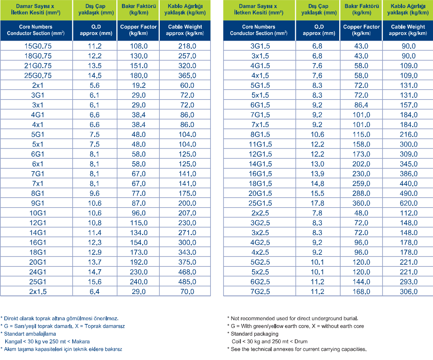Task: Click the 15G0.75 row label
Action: pyautogui.click(x=38, y=46)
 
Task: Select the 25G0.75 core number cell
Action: pyautogui.click(x=38, y=76)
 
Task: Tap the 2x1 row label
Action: pyautogui.click(x=38, y=85)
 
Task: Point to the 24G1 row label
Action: pyautogui.click(x=38, y=272)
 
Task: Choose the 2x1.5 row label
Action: pyautogui.click(x=38, y=292)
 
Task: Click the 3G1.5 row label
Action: pyautogui.click(x=260, y=46)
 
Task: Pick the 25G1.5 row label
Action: pyautogui.click(x=260, y=203)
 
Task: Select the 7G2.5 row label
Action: pyautogui.click(x=260, y=292)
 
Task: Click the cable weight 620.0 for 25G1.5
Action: pyautogui.click(x=409, y=203)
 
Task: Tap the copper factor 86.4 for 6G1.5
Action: pyautogui.click(x=361, y=105)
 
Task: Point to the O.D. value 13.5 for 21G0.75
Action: pyautogui.click(x=95, y=66)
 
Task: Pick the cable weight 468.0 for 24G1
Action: pyautogui.click(x=187, y=272)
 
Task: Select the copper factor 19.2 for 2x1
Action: pyautogui.click(x=139, y=85)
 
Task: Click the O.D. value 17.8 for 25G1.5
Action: pyautogui.click(x=317, y=203)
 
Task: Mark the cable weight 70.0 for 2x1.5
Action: pyautogui.click(x=187, y=292)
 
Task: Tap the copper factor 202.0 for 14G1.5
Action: pyautogui.click(x=361, y=164)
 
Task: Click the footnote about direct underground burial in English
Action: pyautogui.click(x=293, y=318)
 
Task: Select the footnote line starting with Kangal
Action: pyautogui.click(x=47, y=342)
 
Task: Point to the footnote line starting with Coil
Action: pyautogui.click(x=270, y=342)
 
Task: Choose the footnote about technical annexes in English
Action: pyautogui.click(x=297, y=349)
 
